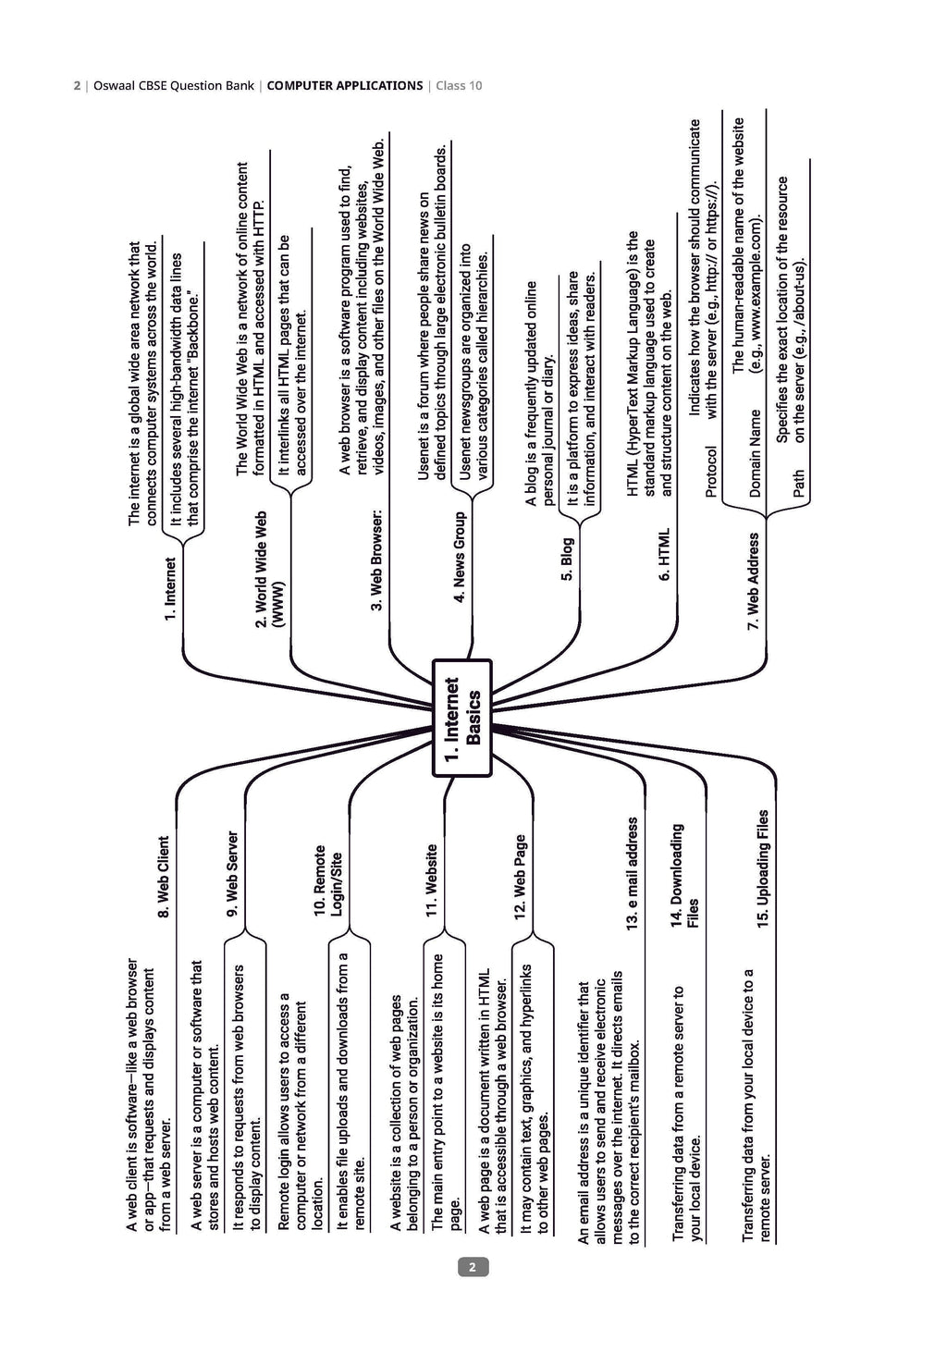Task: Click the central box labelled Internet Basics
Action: point(462,718)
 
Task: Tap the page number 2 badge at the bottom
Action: point(473,1267)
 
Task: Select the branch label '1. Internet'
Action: point(171,589)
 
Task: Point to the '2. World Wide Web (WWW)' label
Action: point(269,570)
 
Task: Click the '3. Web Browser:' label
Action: point(377,560)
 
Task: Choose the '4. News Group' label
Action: point(460,557)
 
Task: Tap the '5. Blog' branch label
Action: point(567,559)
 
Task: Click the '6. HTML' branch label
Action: point(664,555)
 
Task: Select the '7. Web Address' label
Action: point(754,581)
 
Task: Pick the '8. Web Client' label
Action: point(163,877)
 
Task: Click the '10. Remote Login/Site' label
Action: point(328,880)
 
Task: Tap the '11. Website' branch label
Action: point(431,880)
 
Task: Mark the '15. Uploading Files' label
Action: point(763,868)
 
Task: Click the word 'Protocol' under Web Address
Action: point(711,472)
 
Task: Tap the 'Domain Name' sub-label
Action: point(755,453)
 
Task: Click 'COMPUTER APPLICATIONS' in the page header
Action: point(345,86)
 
